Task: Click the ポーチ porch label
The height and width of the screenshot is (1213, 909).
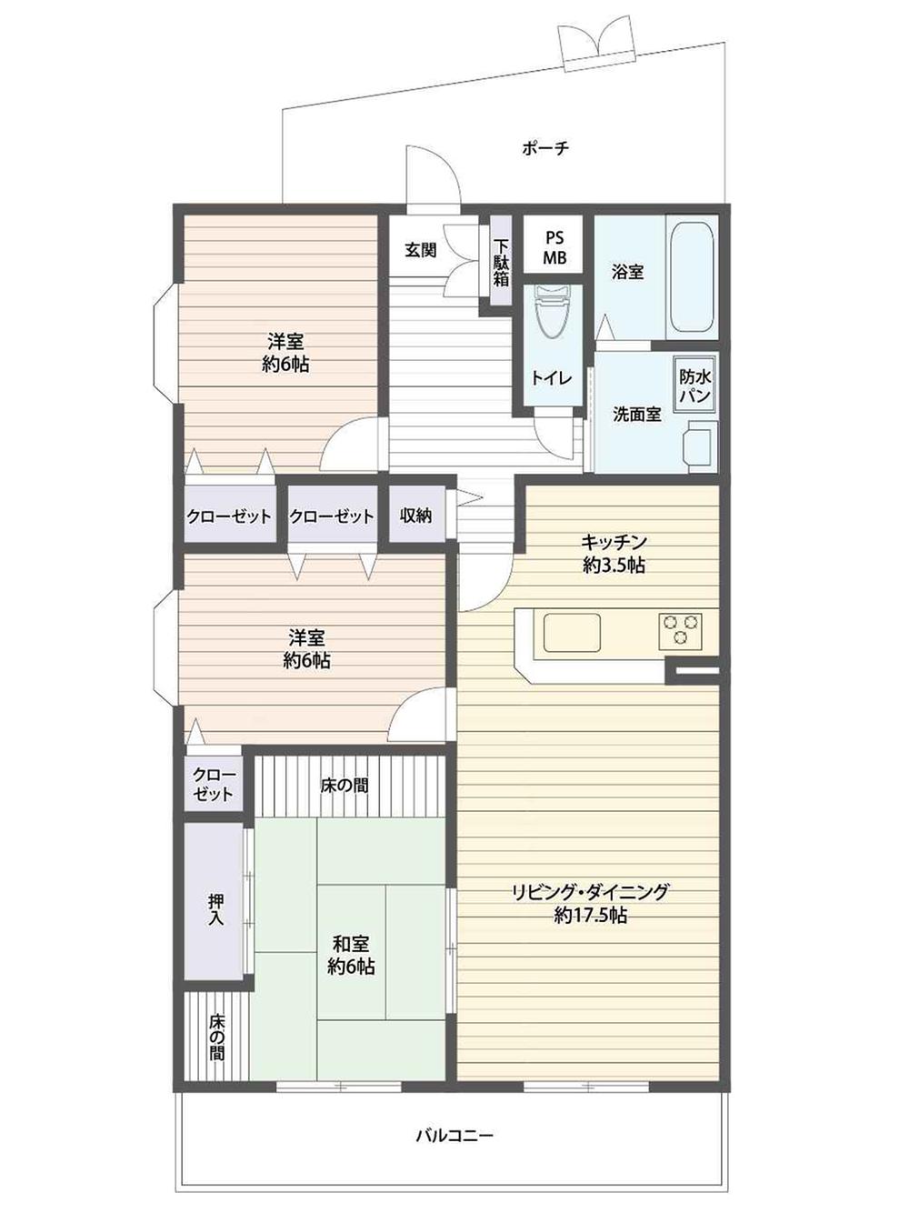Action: [x=545, y=147]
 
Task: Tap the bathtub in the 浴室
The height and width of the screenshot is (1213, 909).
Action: [x=692, y=275]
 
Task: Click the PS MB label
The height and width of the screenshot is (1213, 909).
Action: [x=554, y=247]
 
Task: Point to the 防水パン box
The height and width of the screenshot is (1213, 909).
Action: [x=695, y=386]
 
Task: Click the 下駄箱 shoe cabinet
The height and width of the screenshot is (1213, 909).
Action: [x=501, y=263]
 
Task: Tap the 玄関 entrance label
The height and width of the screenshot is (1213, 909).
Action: [x=420, y=249]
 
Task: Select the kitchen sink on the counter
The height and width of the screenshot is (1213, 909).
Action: [x=572, y=631]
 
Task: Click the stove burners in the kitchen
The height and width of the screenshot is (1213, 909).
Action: [x=680, y=629]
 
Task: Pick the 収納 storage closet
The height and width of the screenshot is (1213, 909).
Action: [x=416, y=516]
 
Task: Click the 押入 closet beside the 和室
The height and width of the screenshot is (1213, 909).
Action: [x=215, y=901]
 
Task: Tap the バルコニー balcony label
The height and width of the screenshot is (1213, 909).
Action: [x=454, y=1135]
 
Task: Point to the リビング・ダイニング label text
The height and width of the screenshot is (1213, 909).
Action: [x=590, y=892]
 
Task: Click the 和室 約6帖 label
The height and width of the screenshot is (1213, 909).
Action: [x=351, y=955]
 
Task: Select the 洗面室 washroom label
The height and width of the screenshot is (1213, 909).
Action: [x=636, y=414]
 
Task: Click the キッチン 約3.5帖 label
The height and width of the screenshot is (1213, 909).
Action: [x=614, y=553]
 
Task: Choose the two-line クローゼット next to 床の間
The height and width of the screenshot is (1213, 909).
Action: [x=214, y=785]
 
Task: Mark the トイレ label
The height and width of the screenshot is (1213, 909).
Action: [x=552, y=377]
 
